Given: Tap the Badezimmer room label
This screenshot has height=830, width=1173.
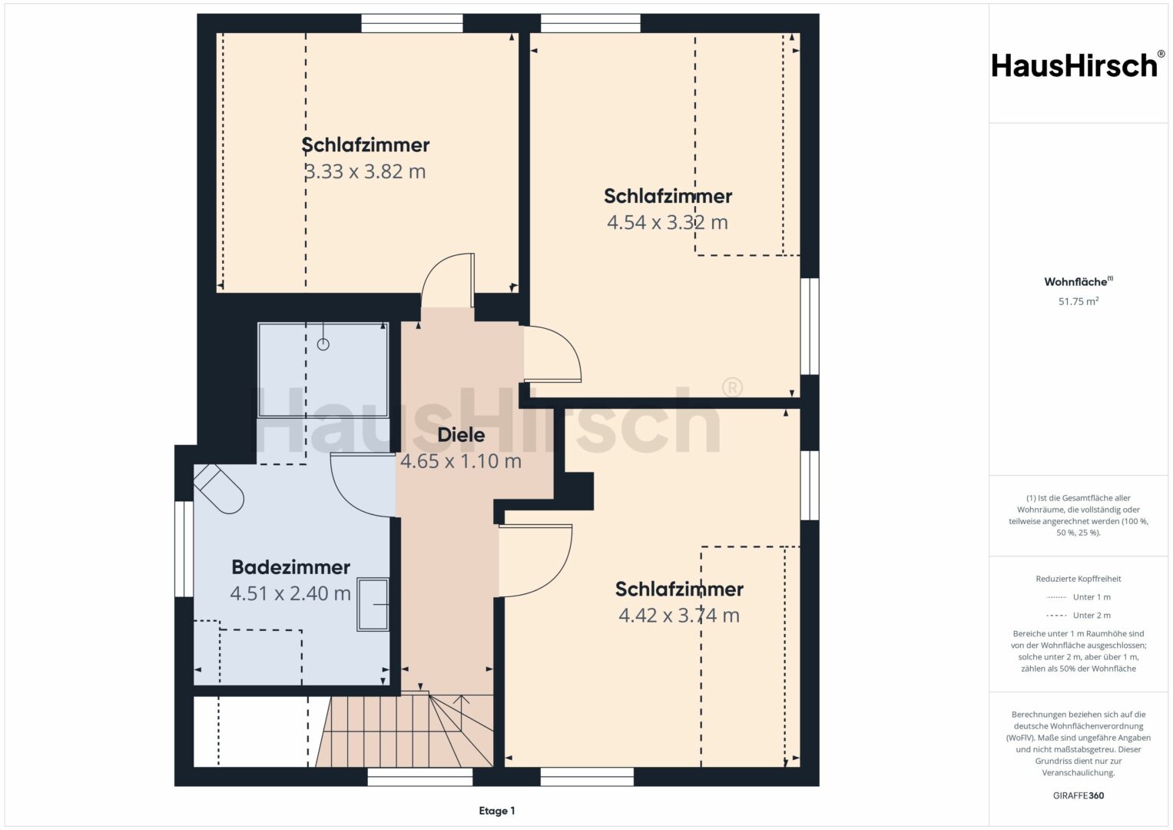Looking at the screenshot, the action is point(290,567).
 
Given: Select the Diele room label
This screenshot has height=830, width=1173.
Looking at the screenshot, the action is point(461,435).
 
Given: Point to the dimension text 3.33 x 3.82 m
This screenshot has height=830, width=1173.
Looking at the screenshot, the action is point(365,171).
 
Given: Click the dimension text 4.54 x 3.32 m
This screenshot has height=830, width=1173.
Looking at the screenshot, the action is point(667,222).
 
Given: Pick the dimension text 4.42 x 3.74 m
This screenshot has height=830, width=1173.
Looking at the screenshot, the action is point(679,615).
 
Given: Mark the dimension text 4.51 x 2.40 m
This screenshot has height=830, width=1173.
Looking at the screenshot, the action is point(290,593).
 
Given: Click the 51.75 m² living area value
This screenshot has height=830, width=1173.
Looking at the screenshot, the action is point(1079,301).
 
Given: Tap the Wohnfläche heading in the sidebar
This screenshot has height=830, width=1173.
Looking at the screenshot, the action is point(1079,281).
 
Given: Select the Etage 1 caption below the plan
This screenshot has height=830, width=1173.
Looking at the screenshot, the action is point(497,811).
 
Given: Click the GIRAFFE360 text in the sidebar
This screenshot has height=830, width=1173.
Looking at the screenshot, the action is point(1079,795).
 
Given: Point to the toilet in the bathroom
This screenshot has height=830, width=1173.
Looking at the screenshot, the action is point(219,488).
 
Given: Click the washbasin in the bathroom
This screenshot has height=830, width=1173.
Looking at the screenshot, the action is point(373,604).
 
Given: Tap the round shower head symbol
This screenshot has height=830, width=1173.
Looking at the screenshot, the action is point(323,344).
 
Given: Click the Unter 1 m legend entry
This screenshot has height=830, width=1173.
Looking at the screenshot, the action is point(1079,597).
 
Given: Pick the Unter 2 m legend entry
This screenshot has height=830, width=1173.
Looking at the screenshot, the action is point(1079,615).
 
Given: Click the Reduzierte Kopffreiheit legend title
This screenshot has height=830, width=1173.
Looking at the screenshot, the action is point(1079,579).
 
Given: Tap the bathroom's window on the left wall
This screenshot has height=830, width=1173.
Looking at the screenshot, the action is point(184,549).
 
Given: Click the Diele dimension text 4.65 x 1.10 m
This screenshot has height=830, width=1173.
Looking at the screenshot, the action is point(461,461).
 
